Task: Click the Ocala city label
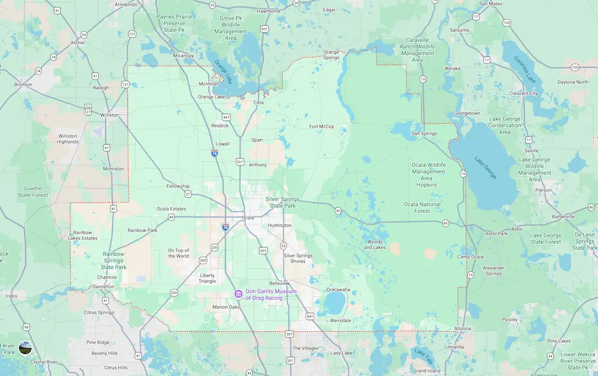[248, 218]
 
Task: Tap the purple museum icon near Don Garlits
[238, 294]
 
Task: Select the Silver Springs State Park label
[283, 202]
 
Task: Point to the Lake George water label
[485, 167]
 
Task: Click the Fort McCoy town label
[321, 126]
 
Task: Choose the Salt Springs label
[424, 133]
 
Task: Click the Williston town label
[109, 115]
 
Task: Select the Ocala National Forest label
[422, 207]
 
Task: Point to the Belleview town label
[279, 283]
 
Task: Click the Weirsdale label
[340, 320]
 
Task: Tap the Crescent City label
[523, 93]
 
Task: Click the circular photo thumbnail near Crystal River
[25, 347]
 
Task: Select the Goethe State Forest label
[32, 191]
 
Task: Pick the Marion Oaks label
[226, 307]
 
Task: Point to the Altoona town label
[463, 329]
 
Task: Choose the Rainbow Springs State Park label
[114, 260]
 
